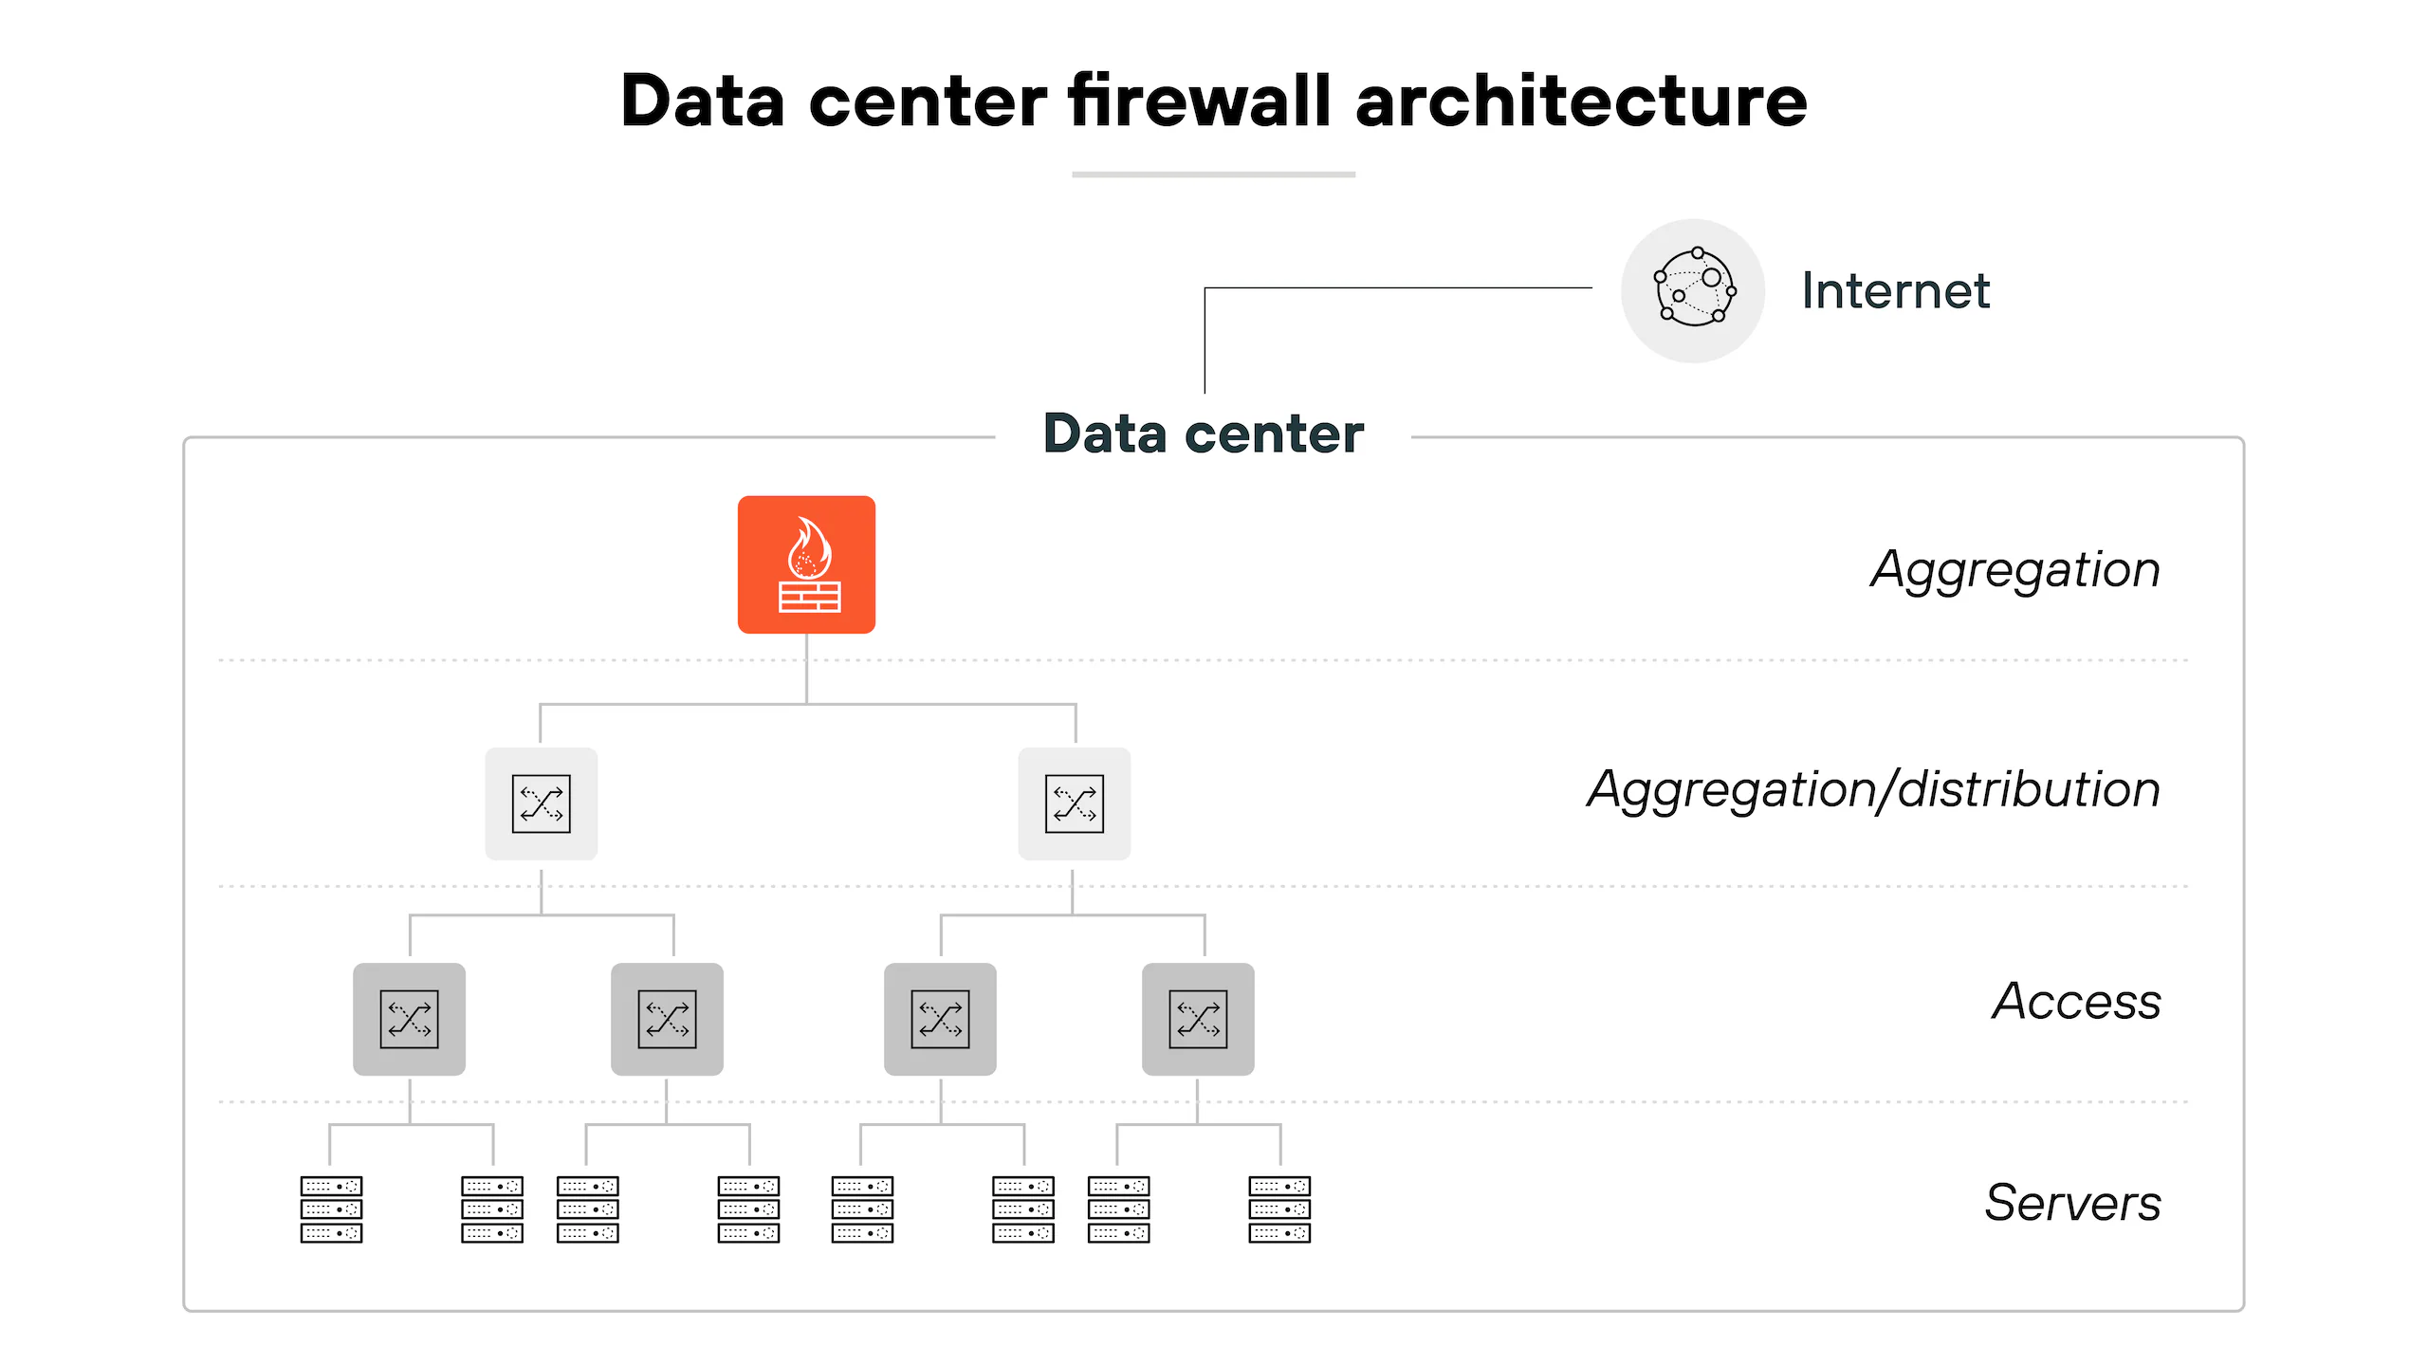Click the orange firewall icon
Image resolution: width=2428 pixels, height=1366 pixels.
(806, 564)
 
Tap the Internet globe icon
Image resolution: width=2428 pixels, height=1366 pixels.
(1693, 290)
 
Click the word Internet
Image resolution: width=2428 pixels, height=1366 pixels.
(1895, 290)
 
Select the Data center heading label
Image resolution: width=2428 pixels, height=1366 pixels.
(1204, 434)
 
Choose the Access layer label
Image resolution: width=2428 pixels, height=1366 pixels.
(2077, 1002)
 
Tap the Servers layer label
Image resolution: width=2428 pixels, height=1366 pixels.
(2073, 1203)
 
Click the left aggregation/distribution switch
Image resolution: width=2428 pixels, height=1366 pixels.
(542, 803)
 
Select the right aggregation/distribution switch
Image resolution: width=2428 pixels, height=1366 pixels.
(1075, 803)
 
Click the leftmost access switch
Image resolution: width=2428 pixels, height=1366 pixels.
(409, 1019)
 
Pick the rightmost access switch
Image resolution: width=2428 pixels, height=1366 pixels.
(1198, 1019)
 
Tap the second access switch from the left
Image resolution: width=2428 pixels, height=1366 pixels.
(667, 1019)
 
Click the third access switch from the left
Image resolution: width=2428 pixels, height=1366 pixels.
(940, 1019)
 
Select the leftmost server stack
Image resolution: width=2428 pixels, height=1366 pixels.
(331, 1209)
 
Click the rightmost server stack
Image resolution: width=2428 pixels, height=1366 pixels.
(1279, 1209)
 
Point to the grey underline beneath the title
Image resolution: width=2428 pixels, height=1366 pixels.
(1214, 175)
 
